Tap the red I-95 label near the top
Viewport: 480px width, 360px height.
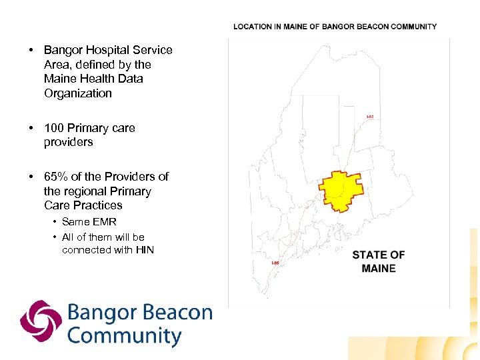[x=370, y=117]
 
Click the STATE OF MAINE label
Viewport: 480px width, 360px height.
[x=378, y=261]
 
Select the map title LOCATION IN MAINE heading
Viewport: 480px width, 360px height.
[x=335, y=27]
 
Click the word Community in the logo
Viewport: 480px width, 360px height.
[x=125, y=335]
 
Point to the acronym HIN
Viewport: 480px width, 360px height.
[x=144, y=250]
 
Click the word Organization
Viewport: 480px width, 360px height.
[x=78, y=93]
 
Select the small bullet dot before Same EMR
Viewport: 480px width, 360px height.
[x=53, y=222]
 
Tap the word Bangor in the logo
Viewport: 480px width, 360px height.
[x=100, y=313]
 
